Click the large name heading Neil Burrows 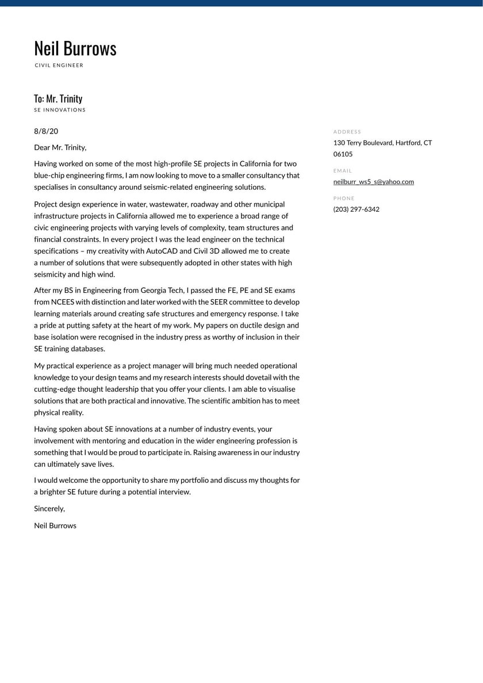[75, 48]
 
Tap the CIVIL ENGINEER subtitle [59, 66]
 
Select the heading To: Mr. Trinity [58, 98]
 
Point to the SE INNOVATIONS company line [60, 110]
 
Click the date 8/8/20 [46, 131]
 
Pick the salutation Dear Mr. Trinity [60, 147]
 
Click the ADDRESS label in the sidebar [347, 132]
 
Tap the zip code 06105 [343, 154]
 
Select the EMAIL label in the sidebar [343, 171]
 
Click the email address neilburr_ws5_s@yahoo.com [374, 182]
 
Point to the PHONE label [344, 199]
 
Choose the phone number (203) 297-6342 [356, 209]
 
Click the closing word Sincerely [49, 509]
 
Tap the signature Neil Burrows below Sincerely [55, 525]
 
